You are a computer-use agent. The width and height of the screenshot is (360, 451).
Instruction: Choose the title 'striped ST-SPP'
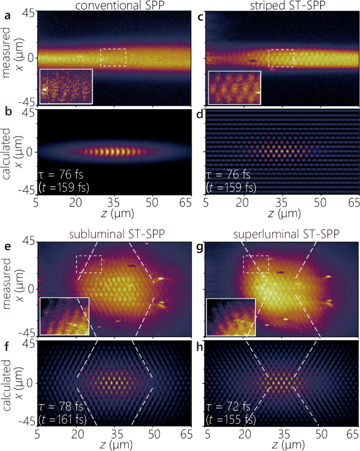tap(281, 6)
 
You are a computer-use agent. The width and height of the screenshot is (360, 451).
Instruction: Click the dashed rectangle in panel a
tap(113, 58)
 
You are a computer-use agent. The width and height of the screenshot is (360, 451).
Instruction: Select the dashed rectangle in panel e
tap(89, 264)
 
